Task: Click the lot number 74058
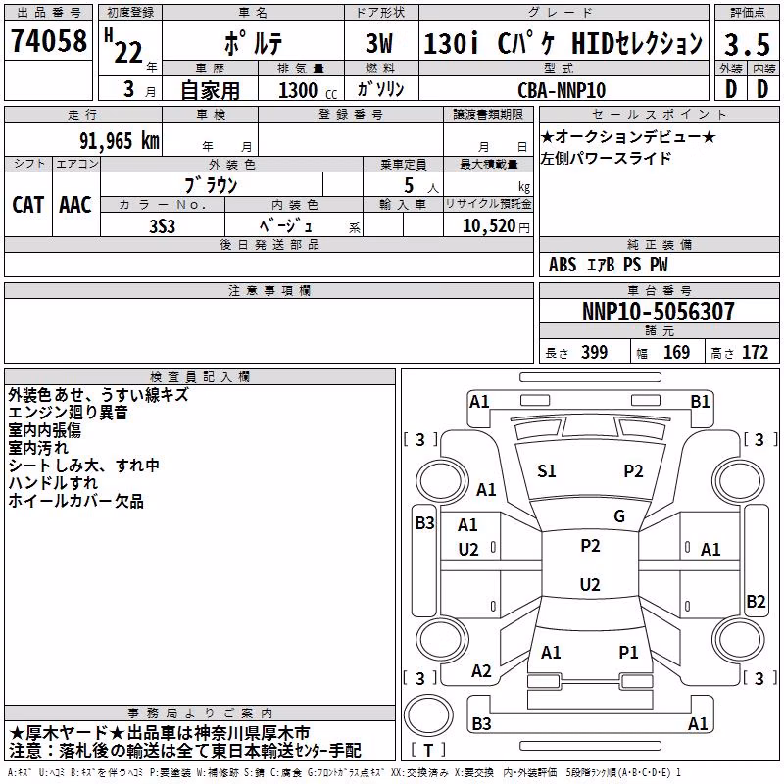click(x=48, y=40)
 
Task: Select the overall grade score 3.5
click(x=747, y=44)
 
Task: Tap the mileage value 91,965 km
click(x=119, y=140)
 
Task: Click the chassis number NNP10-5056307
click(x=658, y=312)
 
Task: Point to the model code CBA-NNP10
click(x=561, y=90)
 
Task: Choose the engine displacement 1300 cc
click(x=307, y=90)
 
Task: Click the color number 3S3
click(x=162, y=226)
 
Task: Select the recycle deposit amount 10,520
click(x=488, y=226)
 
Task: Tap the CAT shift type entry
click(x=28, y=205)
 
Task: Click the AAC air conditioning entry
click(x=75, y=205)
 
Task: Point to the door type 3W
click(x=379, y=43)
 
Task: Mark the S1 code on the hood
click(x=546, y=471)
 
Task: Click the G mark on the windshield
click(x=619, y=515)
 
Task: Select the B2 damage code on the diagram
click(x=756, y=601)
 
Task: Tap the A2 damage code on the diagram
click(x=481, y=671)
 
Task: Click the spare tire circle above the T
click(x=428, y=715)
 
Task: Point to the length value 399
click(x=594, y=353)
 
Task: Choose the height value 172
click(x=755, y=353)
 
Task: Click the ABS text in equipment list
click(x=563, y=265)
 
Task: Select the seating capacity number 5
click(x=409, y=185)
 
